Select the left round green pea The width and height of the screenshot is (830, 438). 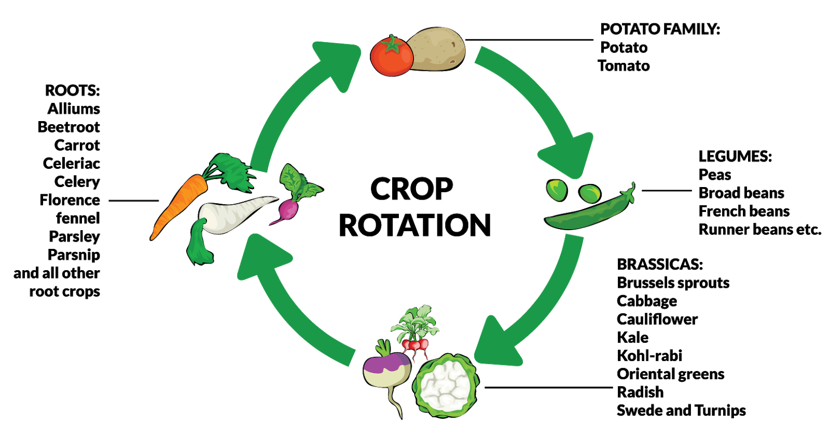557,189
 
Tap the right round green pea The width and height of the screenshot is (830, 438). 590,193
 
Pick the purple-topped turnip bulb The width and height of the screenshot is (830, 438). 386,369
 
